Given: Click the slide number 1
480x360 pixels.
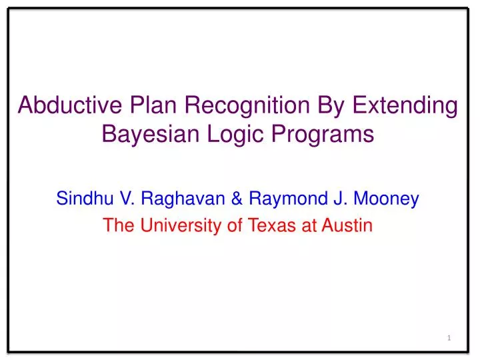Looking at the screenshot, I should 449,339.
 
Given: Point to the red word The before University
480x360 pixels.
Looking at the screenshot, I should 116,226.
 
